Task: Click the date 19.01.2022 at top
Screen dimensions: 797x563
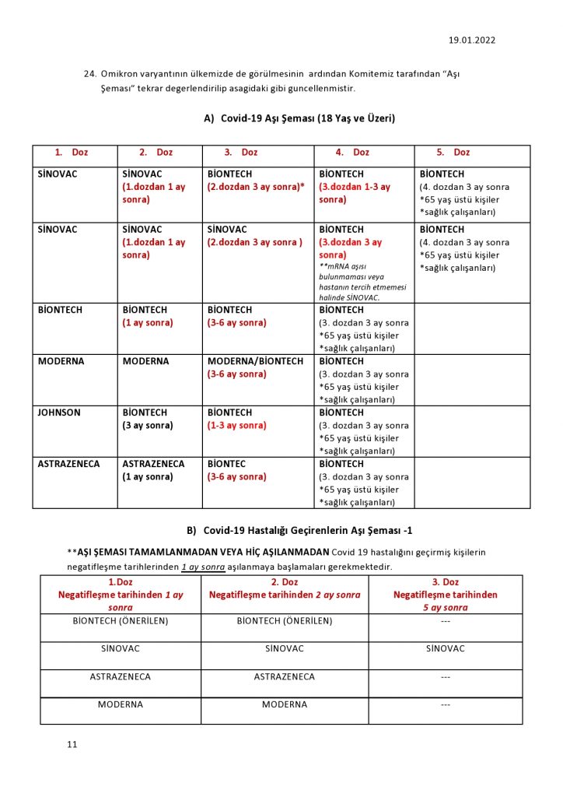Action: [x=472, y=40]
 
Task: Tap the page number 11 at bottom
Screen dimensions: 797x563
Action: [x=72, y=745]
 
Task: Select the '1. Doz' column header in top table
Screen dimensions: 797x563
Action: [x=72, y=153]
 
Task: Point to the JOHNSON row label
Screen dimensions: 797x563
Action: [x=59, y=413]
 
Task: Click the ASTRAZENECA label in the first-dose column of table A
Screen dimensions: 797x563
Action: [x=69, y=464]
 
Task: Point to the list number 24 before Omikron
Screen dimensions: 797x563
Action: [x=89, y=74]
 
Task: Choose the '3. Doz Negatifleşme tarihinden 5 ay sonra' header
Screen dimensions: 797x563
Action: [x=445, y=595]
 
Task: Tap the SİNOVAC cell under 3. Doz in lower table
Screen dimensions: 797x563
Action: [x=445, y=648]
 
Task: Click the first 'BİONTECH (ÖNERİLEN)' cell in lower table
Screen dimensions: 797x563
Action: [x=121, y=620]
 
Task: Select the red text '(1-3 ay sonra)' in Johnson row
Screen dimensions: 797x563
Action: [x=236, y=426]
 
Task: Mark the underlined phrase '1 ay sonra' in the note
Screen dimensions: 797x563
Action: [x=203, y=567]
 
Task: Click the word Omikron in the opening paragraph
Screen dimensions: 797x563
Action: [x=123, y=74]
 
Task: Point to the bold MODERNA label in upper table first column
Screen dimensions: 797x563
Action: [x=61, y=361]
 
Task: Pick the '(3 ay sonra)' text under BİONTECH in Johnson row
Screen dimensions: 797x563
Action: [x=148, y=426]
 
